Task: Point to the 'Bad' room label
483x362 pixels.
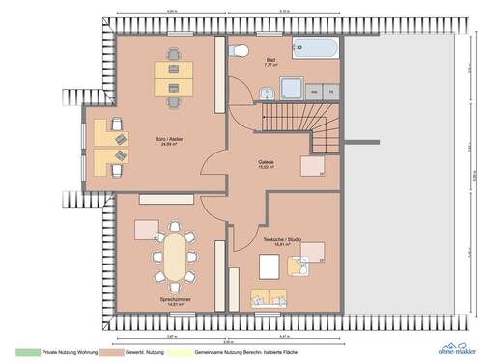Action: [270, 60]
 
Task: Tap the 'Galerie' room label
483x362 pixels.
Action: [265, 162]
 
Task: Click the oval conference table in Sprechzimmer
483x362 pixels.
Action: [174, 256]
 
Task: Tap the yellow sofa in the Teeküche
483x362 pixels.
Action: [269, 295]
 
